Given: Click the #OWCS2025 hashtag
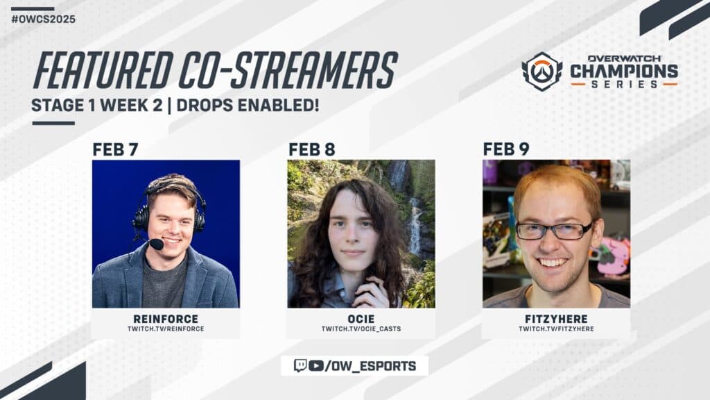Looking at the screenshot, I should (43, 19).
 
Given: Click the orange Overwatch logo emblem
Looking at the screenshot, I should (542, 72).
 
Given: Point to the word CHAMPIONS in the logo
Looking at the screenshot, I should (623, 71).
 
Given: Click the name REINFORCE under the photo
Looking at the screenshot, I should (166, 319).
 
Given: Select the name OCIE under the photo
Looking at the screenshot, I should (361, 319).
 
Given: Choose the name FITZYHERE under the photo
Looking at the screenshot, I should (556, 319).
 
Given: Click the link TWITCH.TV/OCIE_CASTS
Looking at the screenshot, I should (361, 328).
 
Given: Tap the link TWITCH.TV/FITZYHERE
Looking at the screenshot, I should (556, 328).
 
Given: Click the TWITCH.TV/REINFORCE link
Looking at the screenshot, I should (166, 328).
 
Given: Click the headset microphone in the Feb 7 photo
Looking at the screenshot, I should (156, 244).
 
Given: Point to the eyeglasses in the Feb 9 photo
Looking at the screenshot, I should (554, 231).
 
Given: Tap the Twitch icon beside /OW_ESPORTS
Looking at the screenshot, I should (300, 365).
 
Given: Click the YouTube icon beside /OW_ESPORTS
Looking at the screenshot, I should (316, 365).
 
